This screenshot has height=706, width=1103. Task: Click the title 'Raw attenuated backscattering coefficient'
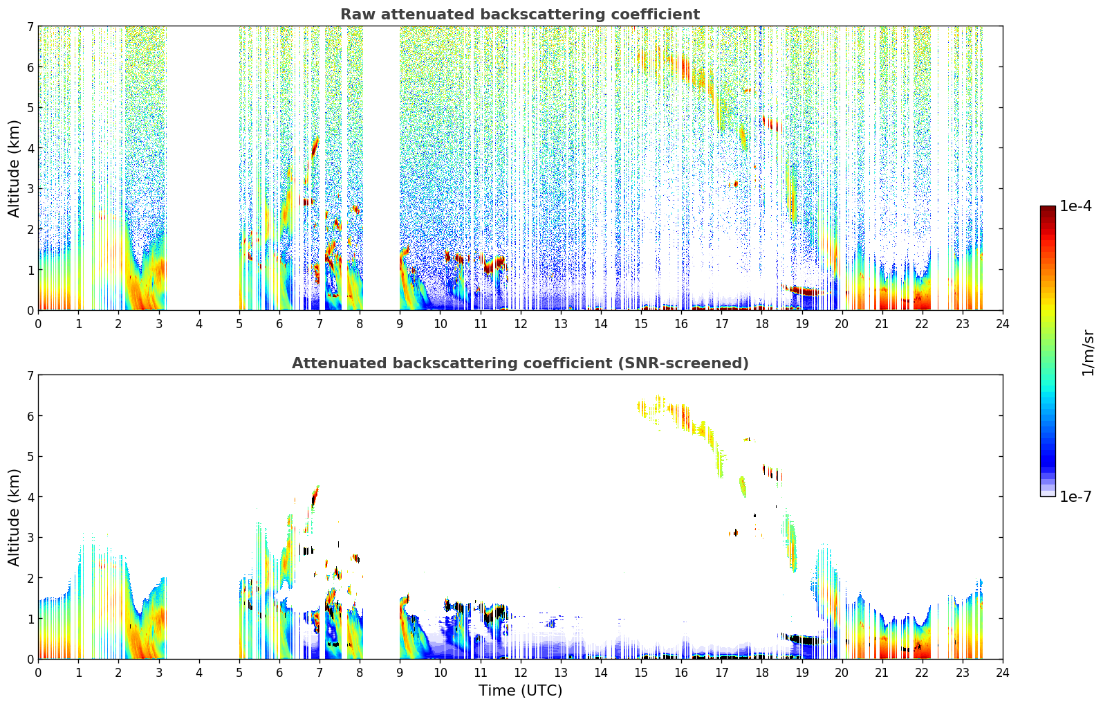(x=519, y=15)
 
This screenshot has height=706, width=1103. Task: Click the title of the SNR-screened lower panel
(x=519, y=363)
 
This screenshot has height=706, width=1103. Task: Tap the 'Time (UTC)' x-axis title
(x=520, y=691)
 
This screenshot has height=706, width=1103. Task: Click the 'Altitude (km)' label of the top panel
(x=15, y=168)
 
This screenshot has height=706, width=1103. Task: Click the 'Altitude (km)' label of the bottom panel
(x=15, y=517)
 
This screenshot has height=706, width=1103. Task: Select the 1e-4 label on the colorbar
(x=1075, y=206)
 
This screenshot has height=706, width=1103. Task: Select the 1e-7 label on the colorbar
(x=1075, y=497)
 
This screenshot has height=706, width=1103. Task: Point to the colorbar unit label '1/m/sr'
(x=1088, y=352)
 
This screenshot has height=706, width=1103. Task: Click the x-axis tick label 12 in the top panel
(x=520, y=323)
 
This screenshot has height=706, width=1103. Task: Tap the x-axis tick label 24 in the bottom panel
(x=1002, y=672)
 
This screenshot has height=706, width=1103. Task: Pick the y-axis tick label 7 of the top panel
(x=30, y=27)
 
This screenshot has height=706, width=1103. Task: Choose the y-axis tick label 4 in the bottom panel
(x=30, y=497)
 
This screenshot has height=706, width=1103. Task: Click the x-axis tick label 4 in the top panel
(x=199, y=323)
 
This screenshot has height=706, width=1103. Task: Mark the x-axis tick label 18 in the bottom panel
(x=761, y=672)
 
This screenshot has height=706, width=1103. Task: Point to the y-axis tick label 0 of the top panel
(x=30, y=311)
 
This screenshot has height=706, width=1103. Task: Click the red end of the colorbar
(x=1047, y=209)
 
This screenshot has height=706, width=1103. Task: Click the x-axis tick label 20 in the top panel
(x=842, y=323)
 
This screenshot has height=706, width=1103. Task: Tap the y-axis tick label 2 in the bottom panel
(x=30, y=578)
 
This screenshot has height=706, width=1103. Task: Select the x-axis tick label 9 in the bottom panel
(x=400, y=672)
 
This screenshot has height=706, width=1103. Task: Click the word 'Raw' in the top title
(x=355, y=15)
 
